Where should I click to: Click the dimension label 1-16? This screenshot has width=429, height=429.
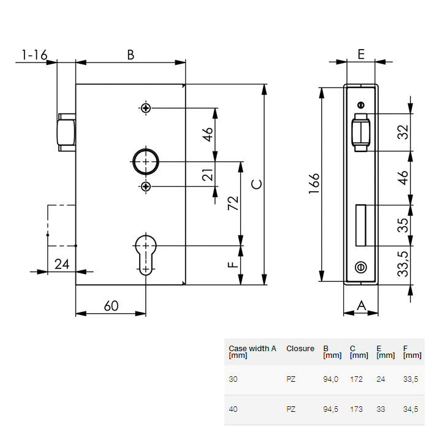tap(34, 55)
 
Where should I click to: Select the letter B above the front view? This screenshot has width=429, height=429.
tap(131, 55)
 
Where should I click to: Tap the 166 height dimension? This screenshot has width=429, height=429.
tap(314, 184)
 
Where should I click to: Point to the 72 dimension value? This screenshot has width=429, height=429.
tap(233, 203)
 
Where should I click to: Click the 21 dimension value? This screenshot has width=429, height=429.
tap(208, 177)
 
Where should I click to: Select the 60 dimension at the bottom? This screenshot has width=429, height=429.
tap(111, 306)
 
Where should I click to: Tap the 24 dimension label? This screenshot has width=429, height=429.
tap(62, 264)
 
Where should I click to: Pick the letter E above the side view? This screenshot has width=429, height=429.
tap(361, 55)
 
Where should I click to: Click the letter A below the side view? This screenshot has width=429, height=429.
tap(361, 305)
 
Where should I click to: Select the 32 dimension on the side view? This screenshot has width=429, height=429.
tap(403, 132)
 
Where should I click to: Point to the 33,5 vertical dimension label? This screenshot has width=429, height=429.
tap(403, 264)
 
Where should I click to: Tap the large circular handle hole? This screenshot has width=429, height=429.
tap(146, 161)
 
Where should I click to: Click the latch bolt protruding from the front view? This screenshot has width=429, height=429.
tap(66, 132)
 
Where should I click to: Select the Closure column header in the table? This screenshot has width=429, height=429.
tap(300, 349)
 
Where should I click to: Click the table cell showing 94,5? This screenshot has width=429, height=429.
tap(331, 409)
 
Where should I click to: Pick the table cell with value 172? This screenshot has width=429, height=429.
tap(356, 379)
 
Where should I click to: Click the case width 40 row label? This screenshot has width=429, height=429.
tap(233, 409)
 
